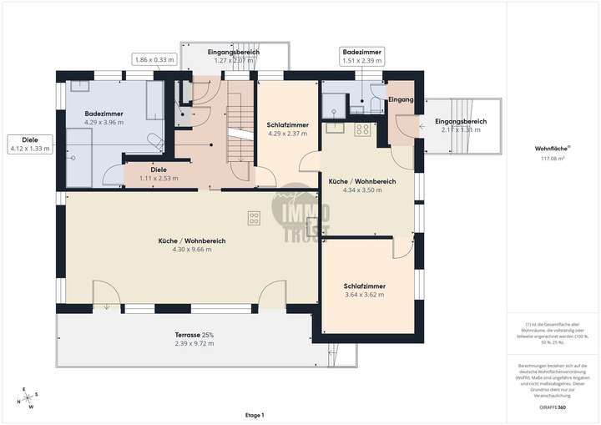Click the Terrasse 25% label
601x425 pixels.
click(x=194, y=335)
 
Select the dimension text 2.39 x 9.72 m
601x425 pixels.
click(x=194, y=343)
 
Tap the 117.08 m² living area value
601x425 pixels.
click(x=553, y=157)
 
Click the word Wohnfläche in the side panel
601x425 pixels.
click(x=551, y=149)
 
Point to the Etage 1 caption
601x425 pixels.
click(x=255, y=415)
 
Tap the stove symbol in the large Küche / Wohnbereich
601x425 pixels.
click(x=253, y=219)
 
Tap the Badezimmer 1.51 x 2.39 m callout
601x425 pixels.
click(x=362, y=56)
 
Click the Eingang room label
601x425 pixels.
click(x=401, y=100)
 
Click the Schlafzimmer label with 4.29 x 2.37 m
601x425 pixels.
click(x=288, y=125)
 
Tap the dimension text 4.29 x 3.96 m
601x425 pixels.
click(x=104, y=122)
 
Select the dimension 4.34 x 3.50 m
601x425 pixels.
click(x=361, y=190)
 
